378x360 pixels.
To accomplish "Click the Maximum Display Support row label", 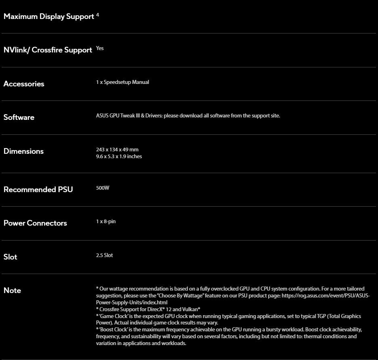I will (48, 17).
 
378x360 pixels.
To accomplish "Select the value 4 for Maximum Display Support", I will (98, 15).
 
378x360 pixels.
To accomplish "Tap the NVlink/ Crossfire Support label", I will (48, 50).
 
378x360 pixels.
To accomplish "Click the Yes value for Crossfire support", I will (100, 48).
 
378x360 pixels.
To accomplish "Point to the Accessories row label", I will (24, 84).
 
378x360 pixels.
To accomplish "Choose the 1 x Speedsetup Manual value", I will (122, 82).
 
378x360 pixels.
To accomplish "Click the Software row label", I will (19, 117).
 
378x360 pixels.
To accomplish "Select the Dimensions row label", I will (23, 151).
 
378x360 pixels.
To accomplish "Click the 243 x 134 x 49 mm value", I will (117, 150).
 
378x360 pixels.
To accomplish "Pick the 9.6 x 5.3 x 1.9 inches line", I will (119, 157).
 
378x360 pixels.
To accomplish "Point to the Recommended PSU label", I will (38, 190).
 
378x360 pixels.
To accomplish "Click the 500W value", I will (103, 188).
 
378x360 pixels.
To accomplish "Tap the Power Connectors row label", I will (35, 223).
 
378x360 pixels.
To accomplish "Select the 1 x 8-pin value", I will (106, 222).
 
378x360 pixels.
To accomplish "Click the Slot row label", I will (10, 257).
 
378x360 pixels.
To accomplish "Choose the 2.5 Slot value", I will (105, 255).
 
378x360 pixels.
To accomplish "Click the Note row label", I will (12, 291).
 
